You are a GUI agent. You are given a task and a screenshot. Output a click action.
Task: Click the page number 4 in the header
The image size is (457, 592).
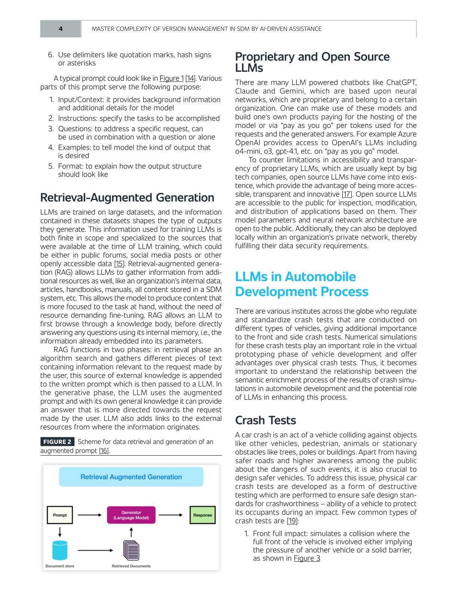60,29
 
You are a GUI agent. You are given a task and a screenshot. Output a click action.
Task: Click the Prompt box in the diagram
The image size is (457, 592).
60,515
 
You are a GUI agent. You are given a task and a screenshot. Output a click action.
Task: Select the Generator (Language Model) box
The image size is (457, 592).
131,515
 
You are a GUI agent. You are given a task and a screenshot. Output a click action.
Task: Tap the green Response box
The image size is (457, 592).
202,515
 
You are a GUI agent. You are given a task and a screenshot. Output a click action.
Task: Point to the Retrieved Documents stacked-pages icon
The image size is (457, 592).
131,551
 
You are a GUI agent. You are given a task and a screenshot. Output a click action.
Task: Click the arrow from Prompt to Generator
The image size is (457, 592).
90,515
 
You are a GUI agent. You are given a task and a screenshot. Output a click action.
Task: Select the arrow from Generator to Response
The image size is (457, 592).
170,515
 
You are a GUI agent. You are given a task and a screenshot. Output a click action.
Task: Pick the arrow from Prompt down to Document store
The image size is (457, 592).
60,531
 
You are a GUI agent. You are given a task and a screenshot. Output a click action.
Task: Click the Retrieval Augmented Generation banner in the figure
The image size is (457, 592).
131,477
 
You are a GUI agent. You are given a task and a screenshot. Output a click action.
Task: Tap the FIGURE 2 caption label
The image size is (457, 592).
57,442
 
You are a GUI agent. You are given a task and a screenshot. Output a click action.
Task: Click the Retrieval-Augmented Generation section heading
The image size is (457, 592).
127,197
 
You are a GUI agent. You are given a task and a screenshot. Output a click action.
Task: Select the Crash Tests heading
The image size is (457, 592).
265,420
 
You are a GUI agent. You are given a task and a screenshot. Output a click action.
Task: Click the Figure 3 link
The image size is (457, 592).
307,558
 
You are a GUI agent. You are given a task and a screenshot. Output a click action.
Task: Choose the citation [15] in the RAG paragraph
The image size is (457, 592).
119,264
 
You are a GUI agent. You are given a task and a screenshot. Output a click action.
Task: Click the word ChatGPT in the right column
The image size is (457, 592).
401,83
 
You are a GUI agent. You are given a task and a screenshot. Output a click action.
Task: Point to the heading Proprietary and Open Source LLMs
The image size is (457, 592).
312,62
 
